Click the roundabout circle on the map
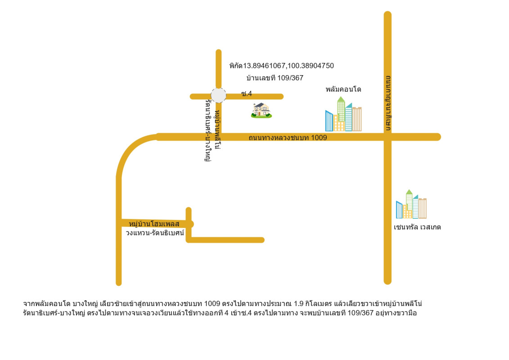(x=218, y=95)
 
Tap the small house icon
(x=261, y=111)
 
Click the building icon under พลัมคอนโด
(x=343, y=115)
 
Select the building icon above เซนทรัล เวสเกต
(x=411, y=204)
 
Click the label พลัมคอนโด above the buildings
(x=343, y=90)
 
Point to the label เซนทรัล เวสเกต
(x=417, y=227)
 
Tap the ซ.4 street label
(x=246, y=94)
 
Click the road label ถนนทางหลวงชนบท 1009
(x=288, y=137)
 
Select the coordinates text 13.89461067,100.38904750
(x=288, y=66)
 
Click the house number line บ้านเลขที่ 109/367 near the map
(x=275, y=78)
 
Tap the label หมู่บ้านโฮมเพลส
(x=154, y=224)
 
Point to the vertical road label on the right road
(x=388, y=103)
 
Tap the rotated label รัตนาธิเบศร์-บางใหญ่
(x=207, y=130)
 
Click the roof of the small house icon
(x=260, y=105)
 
